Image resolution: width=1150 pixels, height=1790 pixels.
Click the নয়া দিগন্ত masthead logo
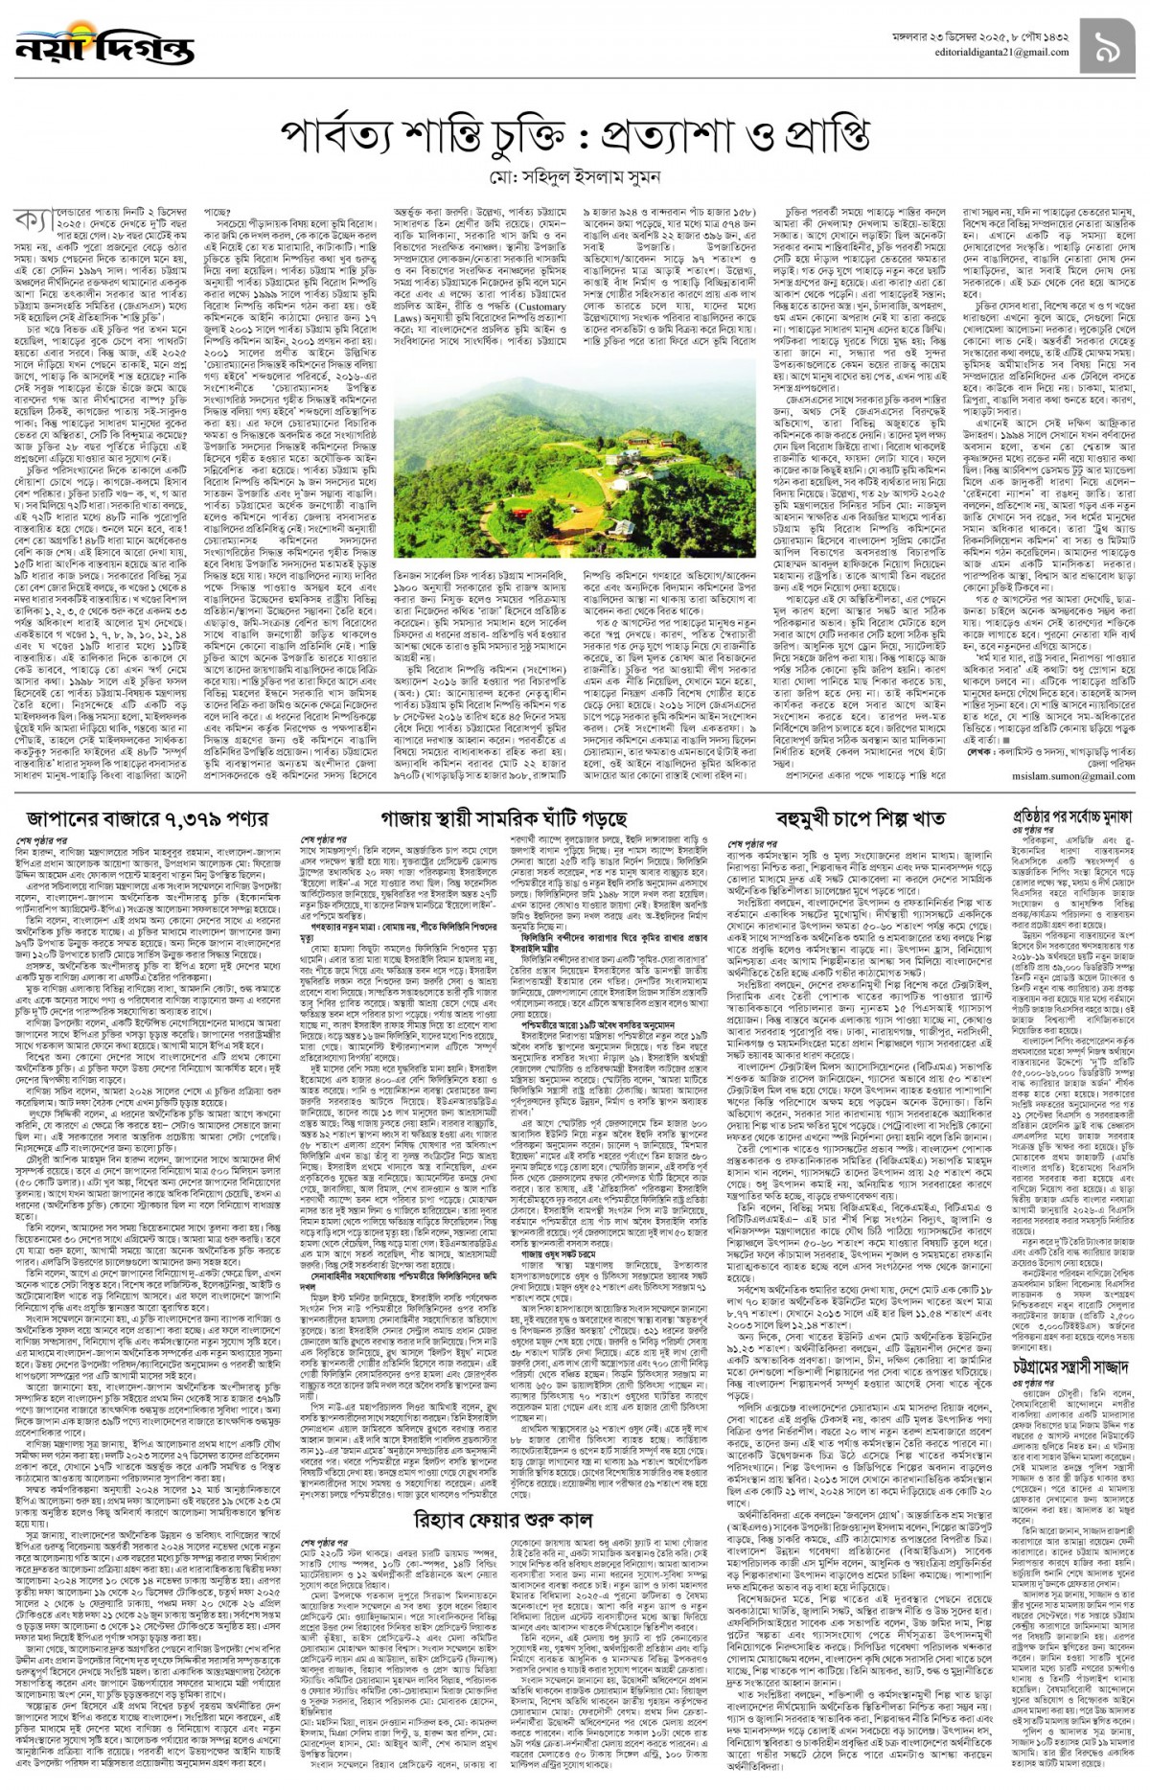point(103,46)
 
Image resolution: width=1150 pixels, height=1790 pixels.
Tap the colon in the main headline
point(576,139)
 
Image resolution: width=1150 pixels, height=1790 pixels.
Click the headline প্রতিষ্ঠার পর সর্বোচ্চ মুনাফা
point(1072,817)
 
